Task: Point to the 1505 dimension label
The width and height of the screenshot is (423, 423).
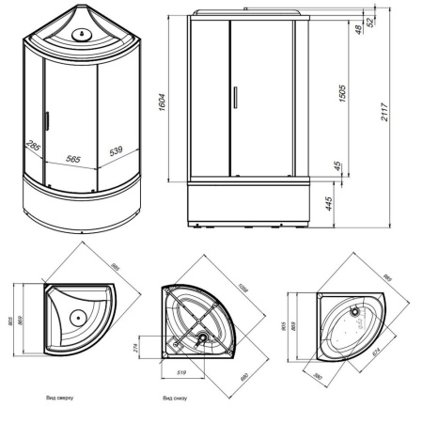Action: point(345,96)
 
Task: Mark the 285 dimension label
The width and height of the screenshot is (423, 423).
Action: point(34,147)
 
